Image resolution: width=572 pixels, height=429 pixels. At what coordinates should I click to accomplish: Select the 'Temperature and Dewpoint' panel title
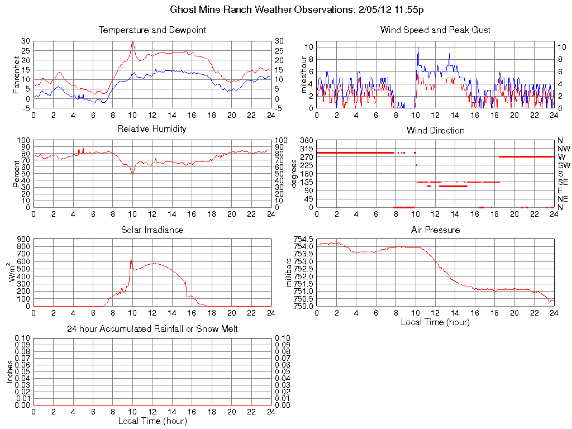click(x=152, y=30)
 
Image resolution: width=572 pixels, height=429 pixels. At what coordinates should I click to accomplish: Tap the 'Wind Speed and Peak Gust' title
click(x=435, y=30)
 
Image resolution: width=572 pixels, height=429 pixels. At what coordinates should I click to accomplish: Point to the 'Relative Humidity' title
click(x=152, y=129)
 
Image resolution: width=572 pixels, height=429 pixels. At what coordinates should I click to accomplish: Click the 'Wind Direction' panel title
click(x=435, y=130)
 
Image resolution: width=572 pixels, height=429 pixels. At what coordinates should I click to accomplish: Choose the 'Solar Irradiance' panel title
click(x=152, y=230)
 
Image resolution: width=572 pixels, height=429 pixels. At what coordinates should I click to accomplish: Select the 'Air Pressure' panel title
click(x=435, y=230)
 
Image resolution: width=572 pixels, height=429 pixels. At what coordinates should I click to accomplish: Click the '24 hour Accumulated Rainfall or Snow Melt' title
click(x=152, y=329)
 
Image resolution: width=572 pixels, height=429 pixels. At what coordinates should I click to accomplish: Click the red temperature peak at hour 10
click(x=132, y=42)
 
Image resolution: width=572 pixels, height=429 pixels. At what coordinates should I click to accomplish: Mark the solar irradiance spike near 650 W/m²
click(x=131, y=258)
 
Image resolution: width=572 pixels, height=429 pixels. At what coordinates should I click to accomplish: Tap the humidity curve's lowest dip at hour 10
click(x=132, y=174)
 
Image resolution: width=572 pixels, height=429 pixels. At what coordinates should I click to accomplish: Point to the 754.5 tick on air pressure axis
click(x=304, y=239)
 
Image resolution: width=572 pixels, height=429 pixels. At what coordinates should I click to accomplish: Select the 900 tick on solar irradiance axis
click(x=24, y=239)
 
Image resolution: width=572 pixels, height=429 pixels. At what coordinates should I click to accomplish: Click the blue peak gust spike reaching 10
click(x=417, y=47)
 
